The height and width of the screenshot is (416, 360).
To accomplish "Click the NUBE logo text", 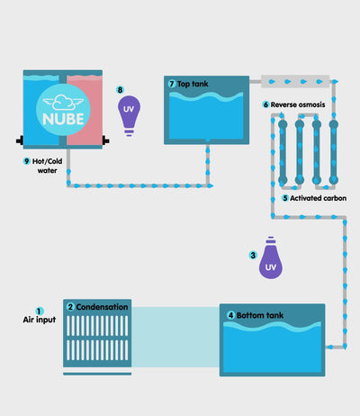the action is [63, 119].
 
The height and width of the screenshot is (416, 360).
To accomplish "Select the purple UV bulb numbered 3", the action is [271, 258].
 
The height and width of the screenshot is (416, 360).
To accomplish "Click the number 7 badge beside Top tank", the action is [172, 84].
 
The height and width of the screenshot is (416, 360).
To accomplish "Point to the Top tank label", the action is [193, 84].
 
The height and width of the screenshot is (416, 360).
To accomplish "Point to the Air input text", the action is [40, 320].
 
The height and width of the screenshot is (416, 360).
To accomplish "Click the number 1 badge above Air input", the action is [40, 312].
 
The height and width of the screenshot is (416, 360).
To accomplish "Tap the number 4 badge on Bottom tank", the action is [230, 315].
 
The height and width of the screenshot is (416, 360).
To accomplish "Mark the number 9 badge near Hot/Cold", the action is [27, 161].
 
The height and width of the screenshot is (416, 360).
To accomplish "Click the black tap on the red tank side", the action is [106, 140].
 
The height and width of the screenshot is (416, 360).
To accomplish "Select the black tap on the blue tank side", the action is [20, 140].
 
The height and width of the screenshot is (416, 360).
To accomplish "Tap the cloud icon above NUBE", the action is [63, 103].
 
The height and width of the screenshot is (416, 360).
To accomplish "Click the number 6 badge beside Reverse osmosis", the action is [265, 104].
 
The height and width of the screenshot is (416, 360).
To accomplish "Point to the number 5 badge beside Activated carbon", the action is [285, 198].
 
